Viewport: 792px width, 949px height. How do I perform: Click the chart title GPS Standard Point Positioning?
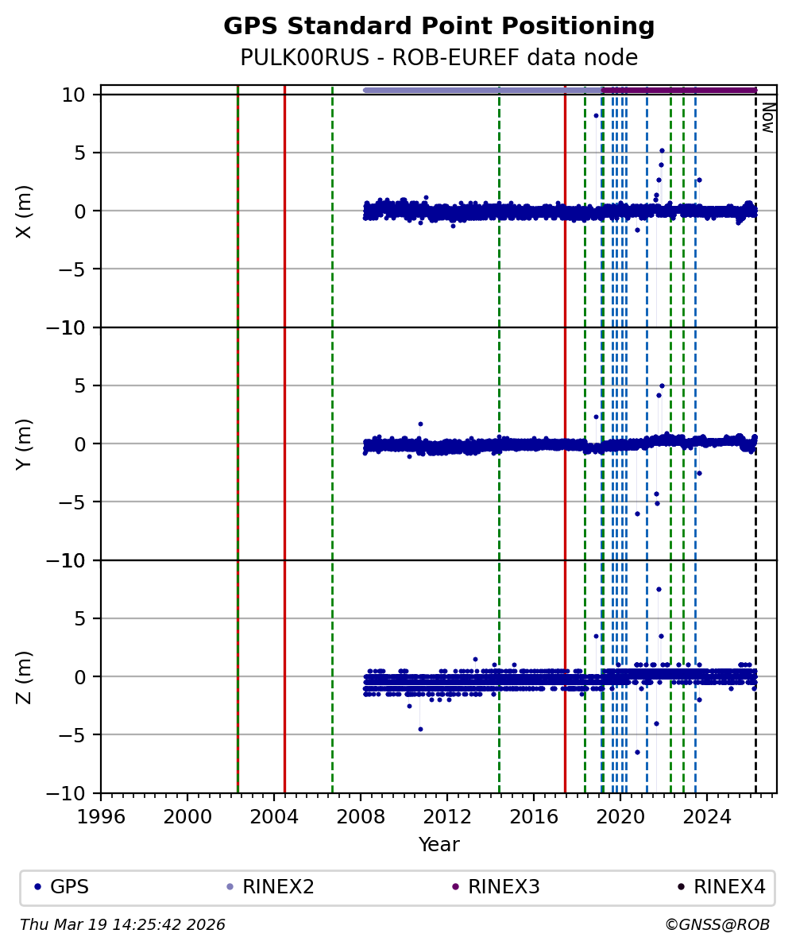coord(438,26)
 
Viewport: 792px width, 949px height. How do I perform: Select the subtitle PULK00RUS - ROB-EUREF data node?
coord(438,58)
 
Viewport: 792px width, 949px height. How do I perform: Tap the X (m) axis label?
coord(25,211)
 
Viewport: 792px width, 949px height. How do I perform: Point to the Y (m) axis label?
coord(25,444)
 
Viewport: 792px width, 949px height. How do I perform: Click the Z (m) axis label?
coord(25,676)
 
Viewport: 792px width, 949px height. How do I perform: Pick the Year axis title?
coord(438,845)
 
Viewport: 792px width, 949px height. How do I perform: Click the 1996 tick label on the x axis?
coord(101,817)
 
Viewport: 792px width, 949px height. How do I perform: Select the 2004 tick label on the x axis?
coord(274,817)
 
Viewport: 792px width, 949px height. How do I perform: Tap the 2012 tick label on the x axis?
coord(447,817)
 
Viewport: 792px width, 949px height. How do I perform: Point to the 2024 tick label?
coord(707,817)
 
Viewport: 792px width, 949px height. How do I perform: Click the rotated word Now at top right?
coord(767,117)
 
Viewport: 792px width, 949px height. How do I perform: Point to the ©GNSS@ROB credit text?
coord(717,925)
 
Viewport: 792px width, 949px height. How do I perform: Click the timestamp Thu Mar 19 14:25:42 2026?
coord(123,925)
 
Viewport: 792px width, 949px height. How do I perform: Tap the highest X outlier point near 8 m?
coord(596,115)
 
